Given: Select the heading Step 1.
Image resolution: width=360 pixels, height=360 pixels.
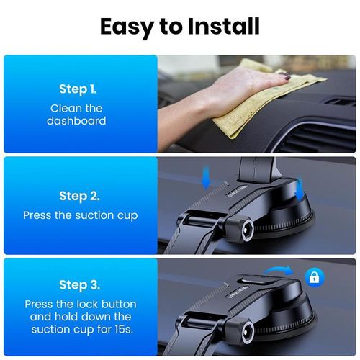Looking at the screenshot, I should (x=78, y=90).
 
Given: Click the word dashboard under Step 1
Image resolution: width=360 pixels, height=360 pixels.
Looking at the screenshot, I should (x=76, y=121).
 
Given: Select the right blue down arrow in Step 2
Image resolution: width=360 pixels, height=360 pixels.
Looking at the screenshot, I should (x=299, y=189).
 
